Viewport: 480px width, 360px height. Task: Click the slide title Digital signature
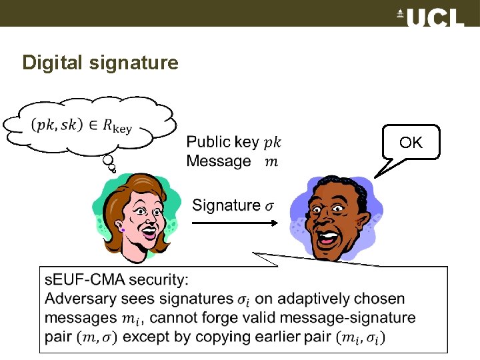click(100, 63)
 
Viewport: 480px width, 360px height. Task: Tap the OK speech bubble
click(411, 142)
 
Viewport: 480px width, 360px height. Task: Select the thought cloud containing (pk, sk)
click(90, 124)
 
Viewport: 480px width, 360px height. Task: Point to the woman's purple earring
click(123, 230)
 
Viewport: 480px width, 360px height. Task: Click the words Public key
click(223, 142)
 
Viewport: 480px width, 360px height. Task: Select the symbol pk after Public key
click(273, 143)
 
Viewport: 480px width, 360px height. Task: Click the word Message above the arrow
click(219, 161)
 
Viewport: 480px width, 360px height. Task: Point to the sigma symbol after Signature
click(269, 206)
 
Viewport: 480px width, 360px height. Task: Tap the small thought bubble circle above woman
click(108, 161)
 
